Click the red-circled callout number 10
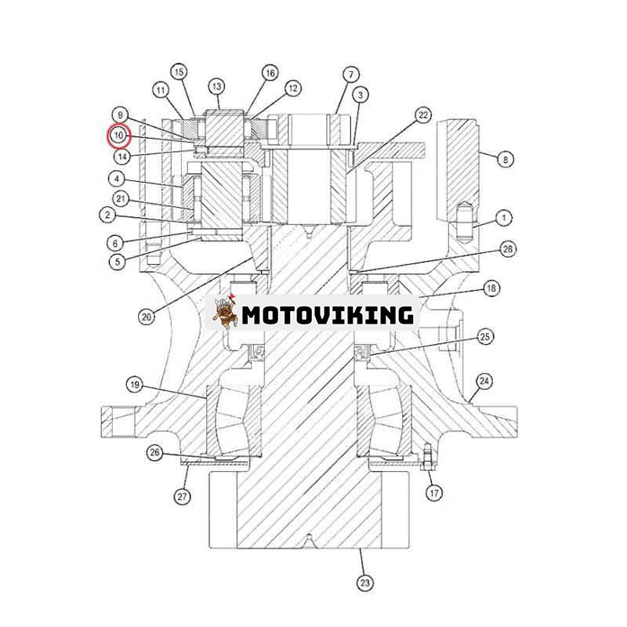pyautogui.click(x=118, y=136)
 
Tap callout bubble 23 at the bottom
pyautogui.click(x=365, y=582)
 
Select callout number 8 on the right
pyautogui.click(x=506, y=159)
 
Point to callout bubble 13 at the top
pyautogui.click(x=216, y=86)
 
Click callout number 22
pyautogui.click(x=423, y=115)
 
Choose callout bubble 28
pyautogui.click(x=508, y=249)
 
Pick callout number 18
pyautogui.click(x=491, y=288)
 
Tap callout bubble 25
pyautogui.click(x=486, y=337)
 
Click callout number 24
pyautogui.click(x=485, y=382)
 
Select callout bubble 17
pyautogui.click(x=433, y=493)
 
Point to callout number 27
pyautogui.click(x=183, y=495)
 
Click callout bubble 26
pyautogui.click(x=155, y=452)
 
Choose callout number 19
pyautogui.click(x=135, y=384)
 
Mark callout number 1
pyautogui.click(x=504, y=217)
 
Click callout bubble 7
pyautogui.click(x=350, y=74)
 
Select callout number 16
pyautogui.click(x=270, y=73)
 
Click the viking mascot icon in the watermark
pyautogui.click(x=225, y=314)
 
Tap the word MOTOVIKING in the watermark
pyautogui.click(x=327, y=315)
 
